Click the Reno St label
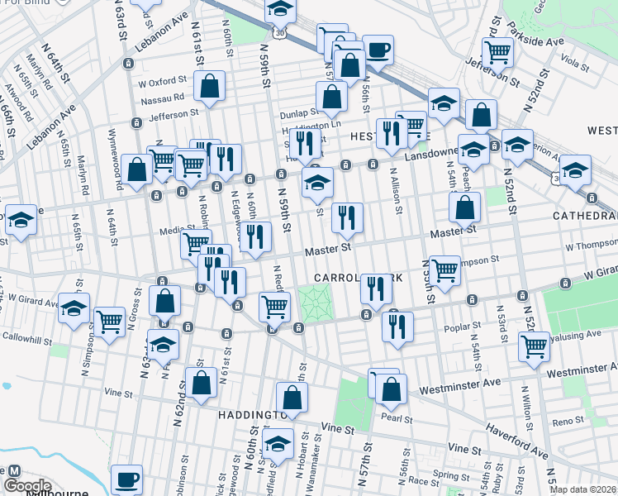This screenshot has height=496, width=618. coord(568,422)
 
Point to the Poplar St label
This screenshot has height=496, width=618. coord(457,327)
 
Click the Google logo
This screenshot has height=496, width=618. coord(27,485)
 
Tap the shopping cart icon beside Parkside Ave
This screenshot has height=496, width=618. coord(497,52)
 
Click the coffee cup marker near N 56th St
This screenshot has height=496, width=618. coord(378,49)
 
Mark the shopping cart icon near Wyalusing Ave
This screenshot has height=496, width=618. coord(534,347)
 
